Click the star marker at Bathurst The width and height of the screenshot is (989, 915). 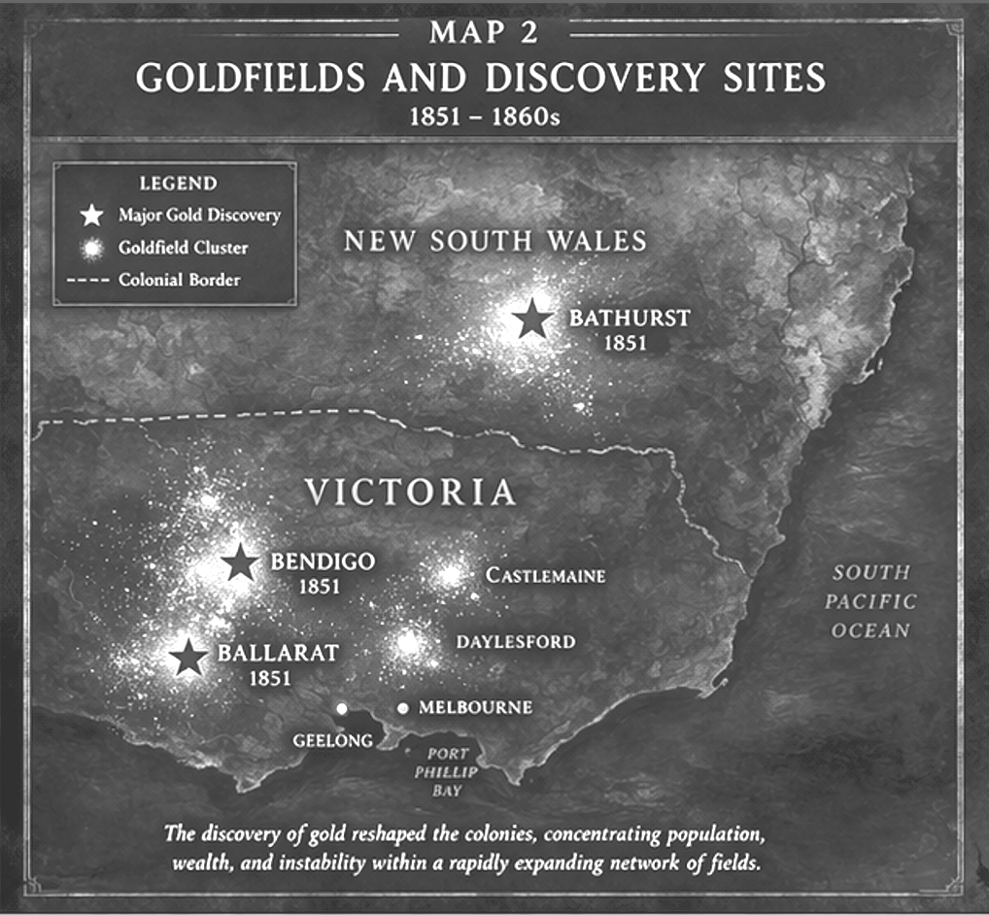(x=531, y=319)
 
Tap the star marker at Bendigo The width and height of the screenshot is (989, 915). (x=239, y=562)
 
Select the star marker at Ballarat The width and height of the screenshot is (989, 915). (x=188, y=658)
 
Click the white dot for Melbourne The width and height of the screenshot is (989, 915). (x=402, y=708)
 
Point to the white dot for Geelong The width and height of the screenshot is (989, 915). (x=341, y=708)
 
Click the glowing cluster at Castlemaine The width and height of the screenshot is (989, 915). (x=450, y=575)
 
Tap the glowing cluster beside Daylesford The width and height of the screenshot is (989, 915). (x=409, y=642)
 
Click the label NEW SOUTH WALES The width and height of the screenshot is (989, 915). (x=495, y=241)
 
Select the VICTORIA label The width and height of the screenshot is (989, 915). (x=411, y=492)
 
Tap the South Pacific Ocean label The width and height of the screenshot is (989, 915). (x=870, y=601)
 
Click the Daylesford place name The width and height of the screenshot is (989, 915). (x=516, y=642)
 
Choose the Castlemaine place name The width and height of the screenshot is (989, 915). (x=545, y=576)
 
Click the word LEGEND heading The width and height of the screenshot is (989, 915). (x=178, y=183)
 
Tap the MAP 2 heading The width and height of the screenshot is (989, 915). (x=483, y=32)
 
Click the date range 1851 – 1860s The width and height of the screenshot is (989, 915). (x=482, y=115)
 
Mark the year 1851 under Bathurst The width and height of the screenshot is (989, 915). (x=623, y=343)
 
